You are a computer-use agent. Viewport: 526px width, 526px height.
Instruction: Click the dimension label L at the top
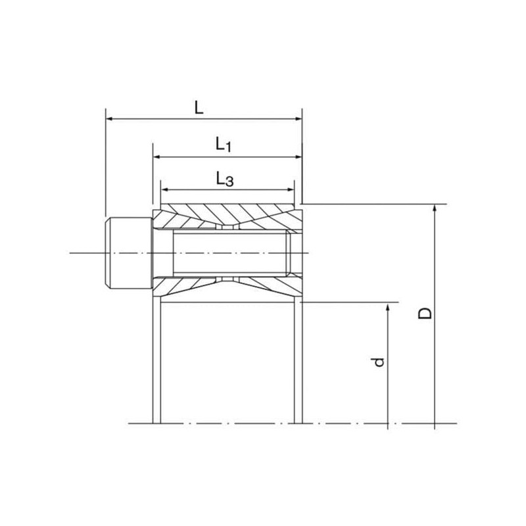coord(199,107)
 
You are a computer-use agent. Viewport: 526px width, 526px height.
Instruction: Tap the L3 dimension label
coord(224,179)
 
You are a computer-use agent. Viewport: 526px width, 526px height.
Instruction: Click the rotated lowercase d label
coord(378,362)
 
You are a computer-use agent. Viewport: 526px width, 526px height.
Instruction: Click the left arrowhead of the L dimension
coord(110,119)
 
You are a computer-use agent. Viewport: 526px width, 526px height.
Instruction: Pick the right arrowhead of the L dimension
coord(299,119)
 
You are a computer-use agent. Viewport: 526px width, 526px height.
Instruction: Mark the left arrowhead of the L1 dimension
coord(156,156)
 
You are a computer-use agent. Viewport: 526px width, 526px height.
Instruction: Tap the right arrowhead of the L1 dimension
coord(299,156)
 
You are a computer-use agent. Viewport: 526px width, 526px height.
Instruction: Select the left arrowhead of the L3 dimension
coord(165,189)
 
